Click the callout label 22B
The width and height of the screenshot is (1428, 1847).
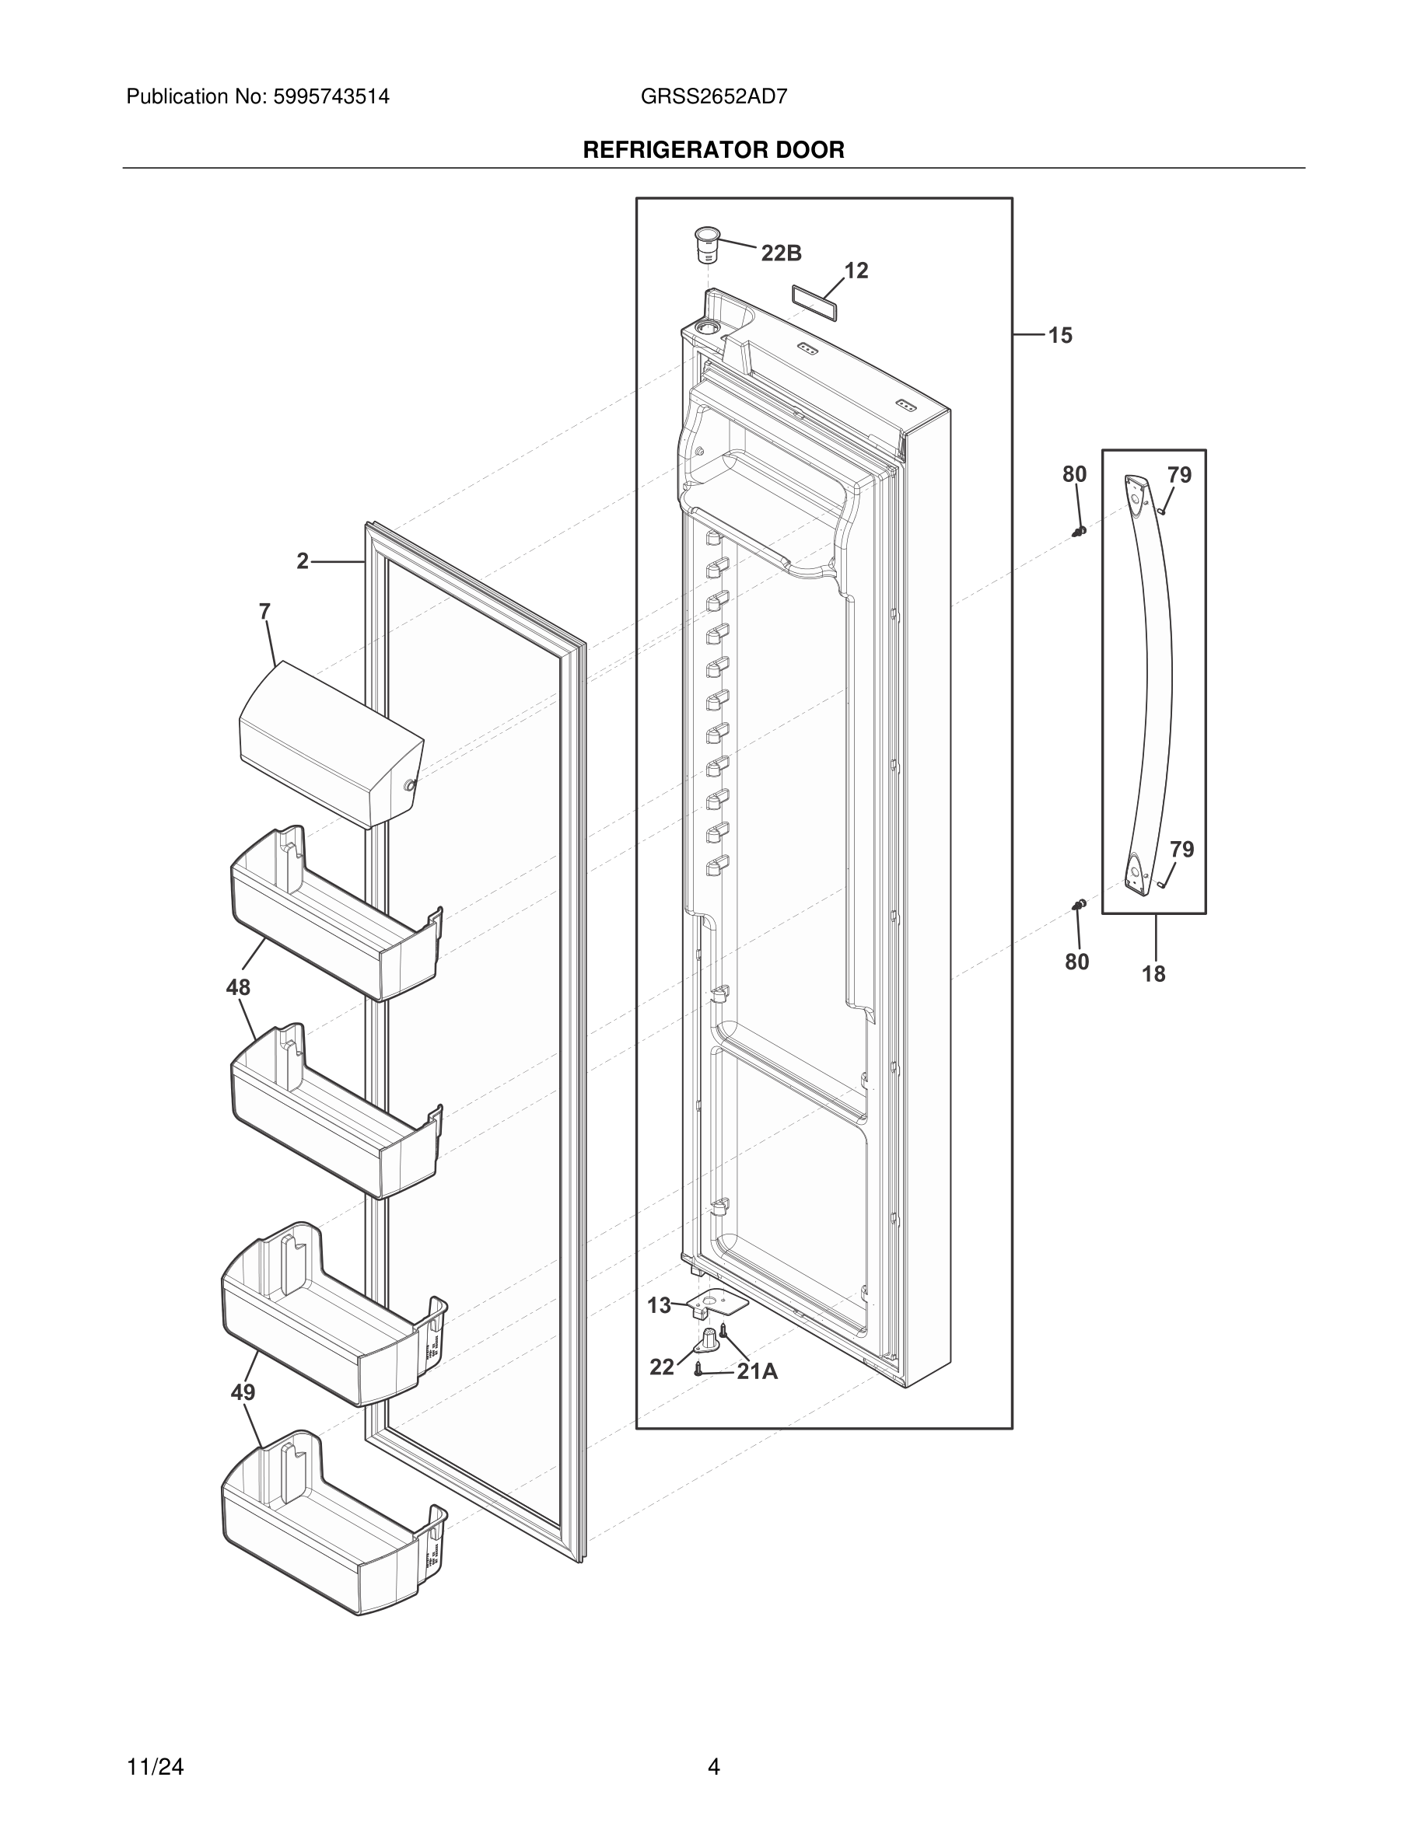[x=781, y=253]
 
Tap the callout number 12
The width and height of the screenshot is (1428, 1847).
[x=856, y=271]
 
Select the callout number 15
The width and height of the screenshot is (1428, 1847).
[x=1060, y=336]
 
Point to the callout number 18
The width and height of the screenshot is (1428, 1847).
[x=1153, y=974]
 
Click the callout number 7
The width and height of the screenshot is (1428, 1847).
[x=264, y=612]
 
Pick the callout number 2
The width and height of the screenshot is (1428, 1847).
[x=303, y=560]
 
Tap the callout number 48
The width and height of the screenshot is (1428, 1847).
[x=238, y=987]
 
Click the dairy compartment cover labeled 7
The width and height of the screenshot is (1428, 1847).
[x=330, y=742]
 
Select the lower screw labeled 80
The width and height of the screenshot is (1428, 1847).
[x=1079, y=906]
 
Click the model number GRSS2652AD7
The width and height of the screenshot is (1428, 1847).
[x=714, y=96]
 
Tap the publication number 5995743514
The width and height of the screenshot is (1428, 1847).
[x=331, y=96]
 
